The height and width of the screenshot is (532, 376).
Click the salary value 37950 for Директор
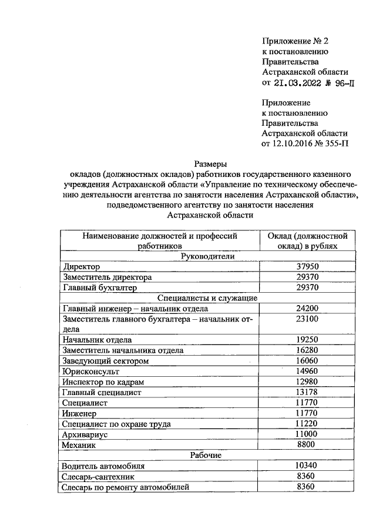(x=307, y=266)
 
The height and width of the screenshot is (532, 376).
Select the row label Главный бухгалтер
(x=100, y=287)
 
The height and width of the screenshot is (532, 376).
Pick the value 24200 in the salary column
(x=307, y=309)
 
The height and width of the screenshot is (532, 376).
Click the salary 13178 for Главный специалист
(x=307, y=393)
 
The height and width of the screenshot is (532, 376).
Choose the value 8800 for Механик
(x=307, y=445)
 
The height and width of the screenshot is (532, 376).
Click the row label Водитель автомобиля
(x=103, y=466)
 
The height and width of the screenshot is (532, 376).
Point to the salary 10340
(x=307, y=466)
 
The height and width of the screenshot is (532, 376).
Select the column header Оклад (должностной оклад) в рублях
(x=307, y=240)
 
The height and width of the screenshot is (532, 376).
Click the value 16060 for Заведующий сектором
(x=307, y=361)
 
